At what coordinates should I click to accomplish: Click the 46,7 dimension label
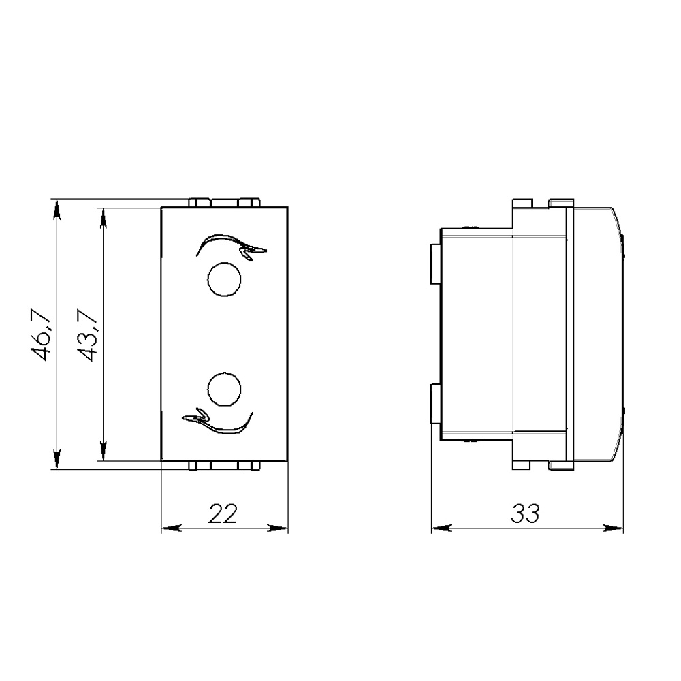click(42, 334)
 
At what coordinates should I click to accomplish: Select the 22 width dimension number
click(223, 513)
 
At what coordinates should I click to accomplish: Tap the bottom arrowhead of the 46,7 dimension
click(56, 459)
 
